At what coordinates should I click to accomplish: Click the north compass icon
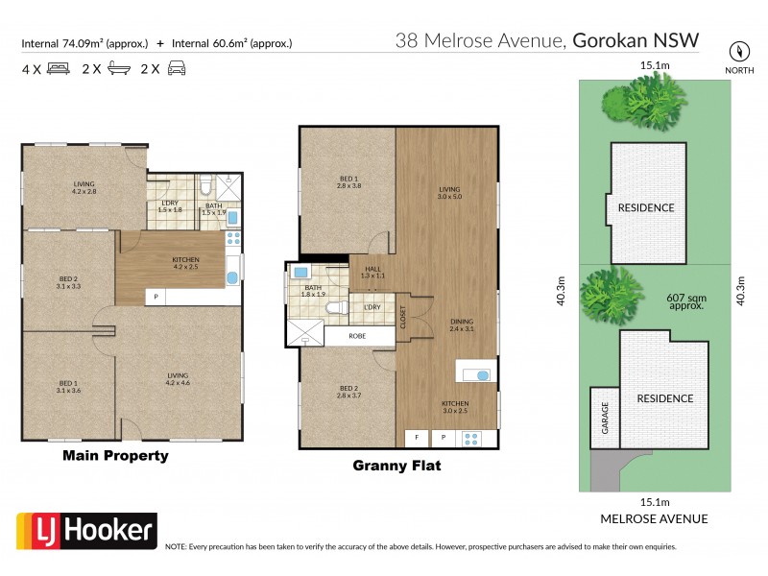pyautogui.click(x=737, y=50)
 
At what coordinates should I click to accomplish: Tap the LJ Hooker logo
pyautogui.click(x=86, y=529)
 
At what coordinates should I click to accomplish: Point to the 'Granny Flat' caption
pyautogui.click(x=397, y=468)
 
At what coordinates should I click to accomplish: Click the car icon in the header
pyautogui.click(x=177, y=69)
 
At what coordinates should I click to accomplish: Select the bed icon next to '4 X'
pyautogui.click(x=58, y=69)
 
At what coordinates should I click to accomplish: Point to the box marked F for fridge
pyautogui.click(x=418, y=438)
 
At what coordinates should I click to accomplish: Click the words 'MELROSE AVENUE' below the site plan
pyautogui.click(x=654, y=519)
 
